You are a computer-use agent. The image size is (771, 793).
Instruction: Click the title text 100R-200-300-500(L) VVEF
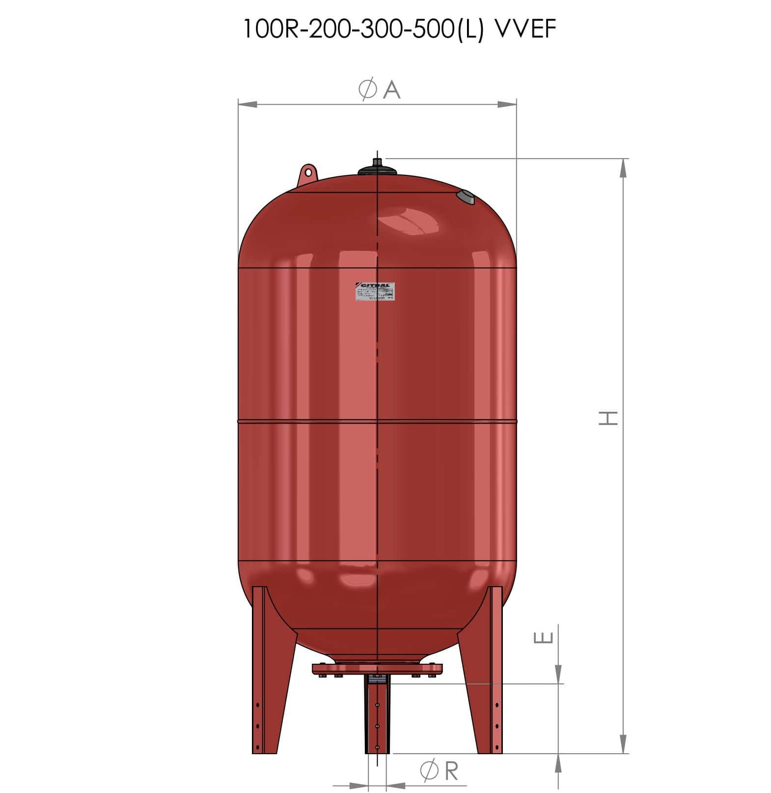pyautogui.click(x=399, y=29)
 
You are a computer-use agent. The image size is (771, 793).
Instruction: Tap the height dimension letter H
pyautogui.click(x=607, y=418)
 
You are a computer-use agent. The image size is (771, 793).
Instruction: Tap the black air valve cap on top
pyautogui.click(x=377, y=167)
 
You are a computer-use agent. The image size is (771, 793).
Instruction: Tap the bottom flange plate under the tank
pyautogui.click(x=377, y=669)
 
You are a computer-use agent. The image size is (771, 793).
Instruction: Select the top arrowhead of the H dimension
pyautogui.click(x=623, y=169)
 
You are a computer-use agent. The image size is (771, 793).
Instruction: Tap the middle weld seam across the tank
pyautogui.click(x=377, y=421)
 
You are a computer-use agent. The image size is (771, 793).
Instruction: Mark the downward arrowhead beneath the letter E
pyautogui.click(x=558, y=674)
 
